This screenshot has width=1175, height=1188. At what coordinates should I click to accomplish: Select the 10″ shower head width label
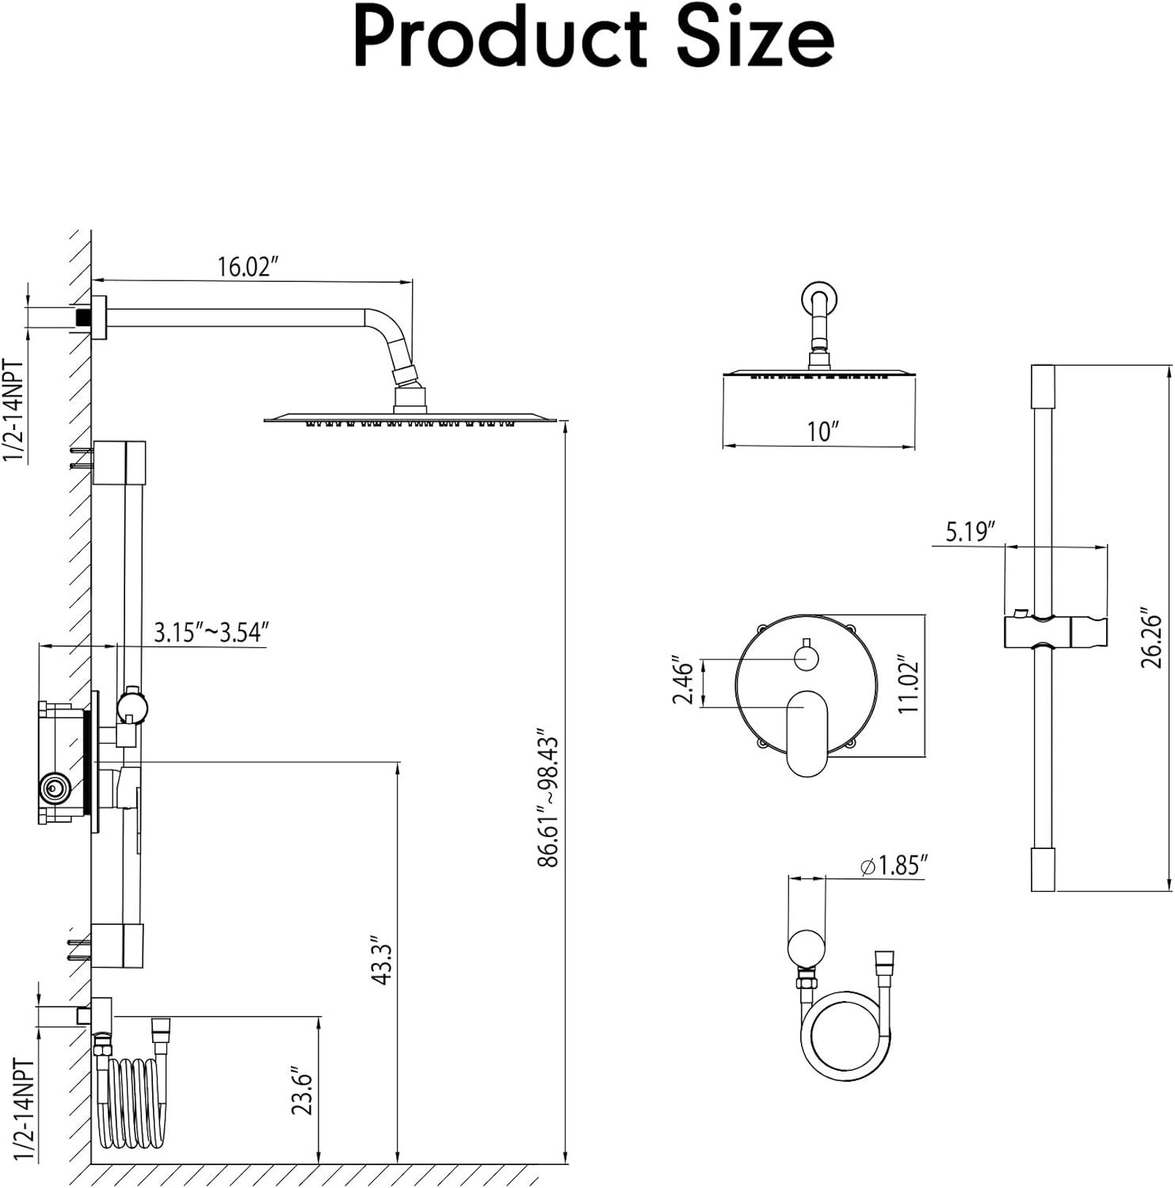[x=822, y=432]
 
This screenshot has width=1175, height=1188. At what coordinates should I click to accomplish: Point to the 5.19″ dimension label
[x=970, y=531]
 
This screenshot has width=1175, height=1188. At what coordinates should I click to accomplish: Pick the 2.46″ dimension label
[x=682, y=680]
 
